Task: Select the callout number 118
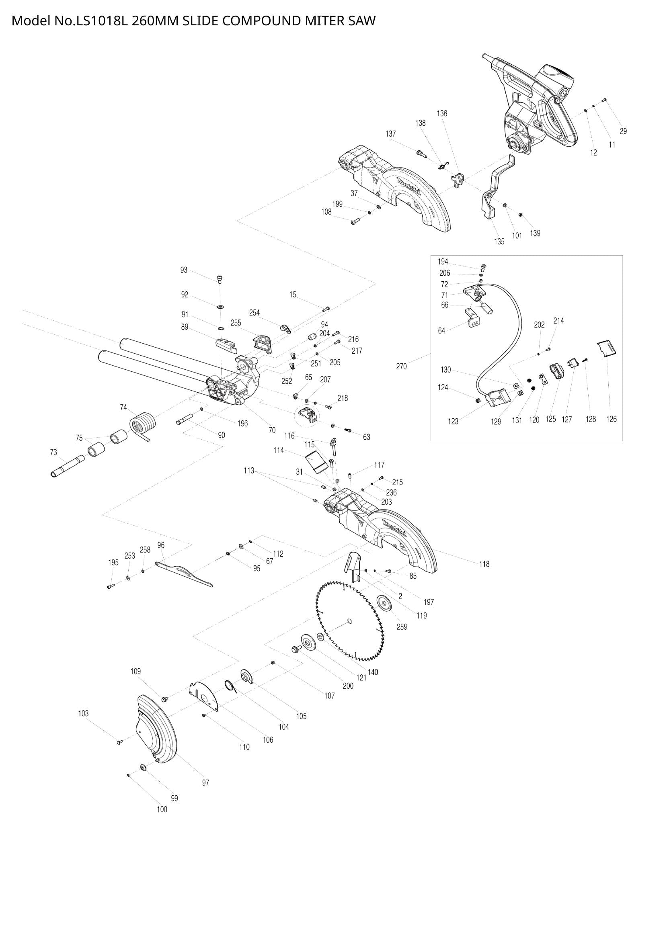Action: pyautogui.click(x=484, y=564)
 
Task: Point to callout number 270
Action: pyautogui.click(x=401, y=367)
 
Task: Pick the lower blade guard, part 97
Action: pyautogui.click(x=156, y=730)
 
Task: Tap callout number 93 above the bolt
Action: pyautogui.click(x=184, y=270)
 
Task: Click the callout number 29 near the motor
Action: pyautogui.click(x=623, y=131)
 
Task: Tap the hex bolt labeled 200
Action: pyautogui.click(x=295, y=649)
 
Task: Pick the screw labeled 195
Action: pyautogui.click(x=110, y=586)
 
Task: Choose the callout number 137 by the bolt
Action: pyautogui.click(x=391, y=133)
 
